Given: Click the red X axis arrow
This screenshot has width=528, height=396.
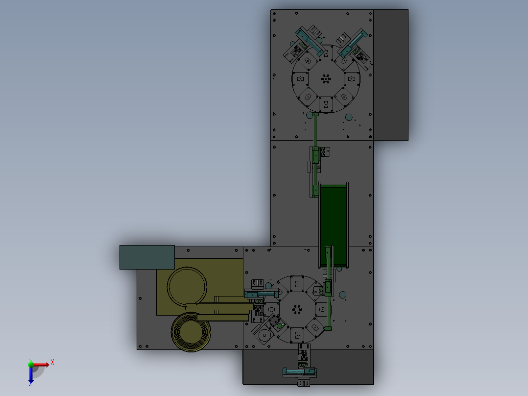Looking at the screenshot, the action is click(40, 365).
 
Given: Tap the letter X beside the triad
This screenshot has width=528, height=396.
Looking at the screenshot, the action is click(52, 363).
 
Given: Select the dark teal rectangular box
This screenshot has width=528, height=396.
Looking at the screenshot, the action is click(147, 257).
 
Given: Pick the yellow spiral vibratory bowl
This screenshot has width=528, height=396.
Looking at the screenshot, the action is click(191, 332).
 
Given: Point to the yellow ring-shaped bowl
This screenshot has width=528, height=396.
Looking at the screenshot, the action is click(187, 287).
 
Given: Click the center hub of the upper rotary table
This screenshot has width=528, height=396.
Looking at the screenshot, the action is click(326, 79).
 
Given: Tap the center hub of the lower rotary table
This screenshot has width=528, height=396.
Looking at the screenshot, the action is click(297, 309).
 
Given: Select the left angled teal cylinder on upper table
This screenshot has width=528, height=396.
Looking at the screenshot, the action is click(310, 43).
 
